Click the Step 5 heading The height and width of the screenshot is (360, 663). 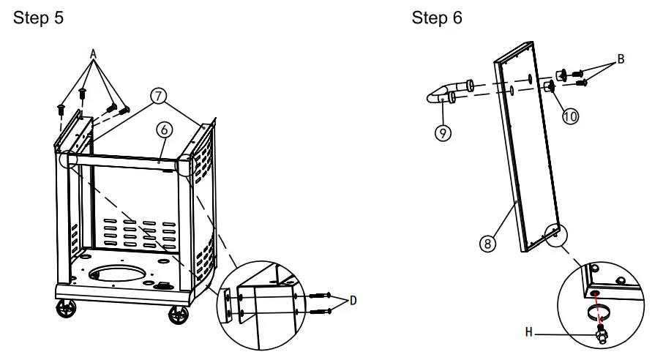pyautogui.click(x=38, y=18)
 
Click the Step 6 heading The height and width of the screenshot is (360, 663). pyautogui.click(x=437, y=18)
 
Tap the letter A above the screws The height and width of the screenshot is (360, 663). pyautogui.click(x=93, y=53)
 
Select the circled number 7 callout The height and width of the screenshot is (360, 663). pyautogui.click(x=158, y=96)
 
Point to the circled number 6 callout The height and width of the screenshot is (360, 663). pyautogui.click(x=165, y=130)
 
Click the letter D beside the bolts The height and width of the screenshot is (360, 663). pyautogui.click(x=353, y=300)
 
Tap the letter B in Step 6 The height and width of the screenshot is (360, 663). pyautogui.click(x=621, y=59)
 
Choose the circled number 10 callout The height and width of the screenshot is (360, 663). pyautogui.click(x=570, y=116)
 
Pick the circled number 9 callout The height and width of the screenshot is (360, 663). pyautogui.click(x=443, y=133)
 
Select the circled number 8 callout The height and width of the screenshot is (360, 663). pyautogui.click(x=487, y=244)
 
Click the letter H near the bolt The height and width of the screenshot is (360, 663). pyautogui.click(x=529, y=332)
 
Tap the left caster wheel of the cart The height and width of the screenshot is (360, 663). pyautogui.click(x=67, y=308)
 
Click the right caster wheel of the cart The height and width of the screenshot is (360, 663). pyautogui.click(x=179, y=315)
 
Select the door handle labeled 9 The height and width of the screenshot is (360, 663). pyautogui.click(x=449, y=92)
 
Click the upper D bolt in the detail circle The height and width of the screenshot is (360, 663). pyautogui.click(x=320, y=296)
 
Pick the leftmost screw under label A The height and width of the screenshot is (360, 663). pyautogui.click(x=61, y=110)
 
